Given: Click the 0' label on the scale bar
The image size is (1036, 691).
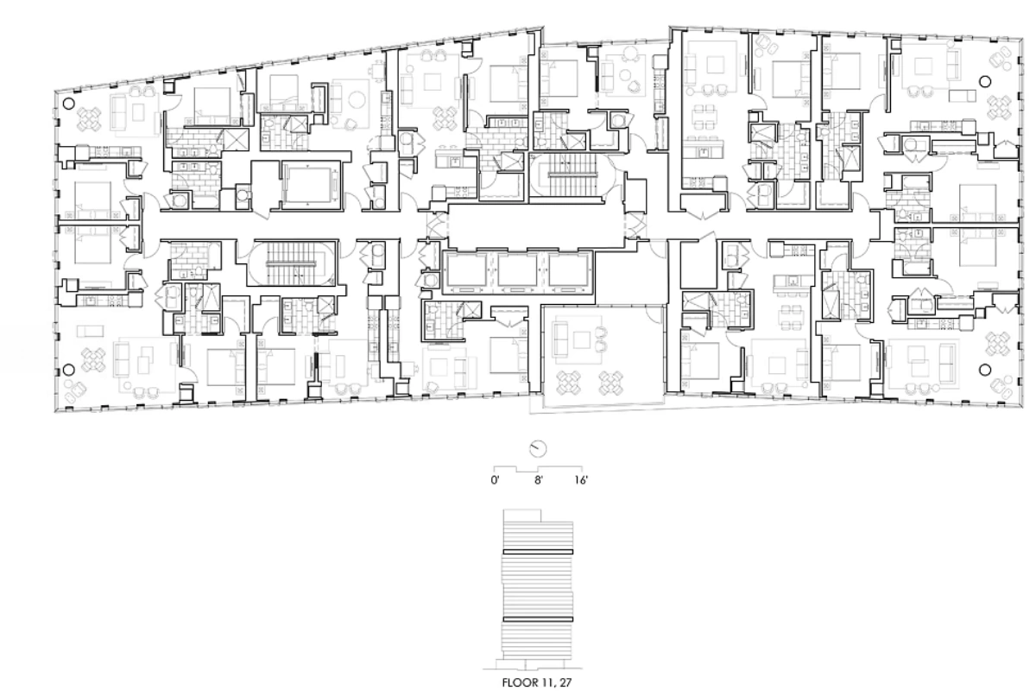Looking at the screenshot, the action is [x=495, y=480].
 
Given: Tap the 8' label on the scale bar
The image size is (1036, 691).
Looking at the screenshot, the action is [x=539, y=480].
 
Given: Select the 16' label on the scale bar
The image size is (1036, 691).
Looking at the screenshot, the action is [x=581, y=480].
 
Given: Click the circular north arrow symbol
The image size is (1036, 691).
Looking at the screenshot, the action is [x=538, y=448].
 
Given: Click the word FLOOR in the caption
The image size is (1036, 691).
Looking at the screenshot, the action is [x=521, y=682].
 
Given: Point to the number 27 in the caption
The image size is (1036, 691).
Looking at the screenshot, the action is [x=566, y=682].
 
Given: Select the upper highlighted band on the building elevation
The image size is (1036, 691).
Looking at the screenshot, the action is [x=538, y=552].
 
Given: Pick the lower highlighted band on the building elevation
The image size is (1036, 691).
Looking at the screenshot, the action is [x=538, y=619].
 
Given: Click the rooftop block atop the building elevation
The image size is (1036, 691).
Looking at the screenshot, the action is [x=522, y=516].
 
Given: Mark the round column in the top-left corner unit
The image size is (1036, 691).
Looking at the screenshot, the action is [x=68, y=104].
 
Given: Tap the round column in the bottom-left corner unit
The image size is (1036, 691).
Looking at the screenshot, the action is [x=68, y=370].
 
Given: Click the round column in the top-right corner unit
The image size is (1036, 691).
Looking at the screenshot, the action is [x=986, y=82].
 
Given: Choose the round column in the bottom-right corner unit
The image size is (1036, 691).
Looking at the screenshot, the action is [x=986, y=370].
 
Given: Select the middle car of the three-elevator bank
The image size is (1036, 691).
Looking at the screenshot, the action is [x=517, y=269].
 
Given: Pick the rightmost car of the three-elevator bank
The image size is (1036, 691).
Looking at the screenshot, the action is [x=567, y=269].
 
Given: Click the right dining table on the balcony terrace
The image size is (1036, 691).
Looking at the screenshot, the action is [x=611, y=383].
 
